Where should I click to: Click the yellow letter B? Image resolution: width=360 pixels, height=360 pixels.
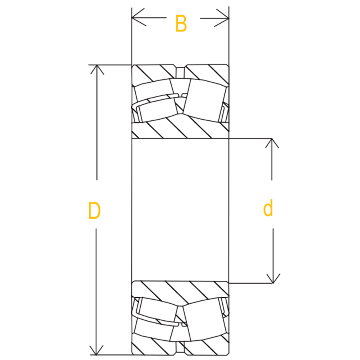[x=181, y=24]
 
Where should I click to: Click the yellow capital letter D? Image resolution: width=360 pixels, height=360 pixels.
[x=94, y=211]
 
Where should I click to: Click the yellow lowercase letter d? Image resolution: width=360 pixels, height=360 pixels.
[x=268, y=209]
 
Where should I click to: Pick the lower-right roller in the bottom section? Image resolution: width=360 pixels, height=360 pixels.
[x=204, y=320]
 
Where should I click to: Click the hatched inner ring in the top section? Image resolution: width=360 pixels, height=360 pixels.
[x=180, y=128]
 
